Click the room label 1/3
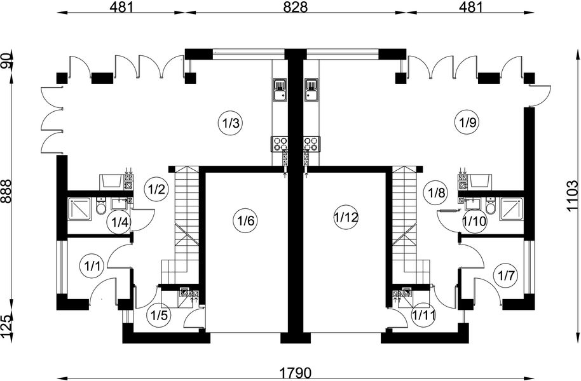230,123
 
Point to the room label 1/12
346,218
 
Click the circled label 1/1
92,266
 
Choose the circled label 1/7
505,275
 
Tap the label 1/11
423,315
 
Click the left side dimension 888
7,190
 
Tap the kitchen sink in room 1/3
280,90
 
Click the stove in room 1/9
311,144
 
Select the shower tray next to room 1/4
81,208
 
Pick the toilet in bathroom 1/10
489,208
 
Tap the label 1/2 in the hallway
156,189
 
